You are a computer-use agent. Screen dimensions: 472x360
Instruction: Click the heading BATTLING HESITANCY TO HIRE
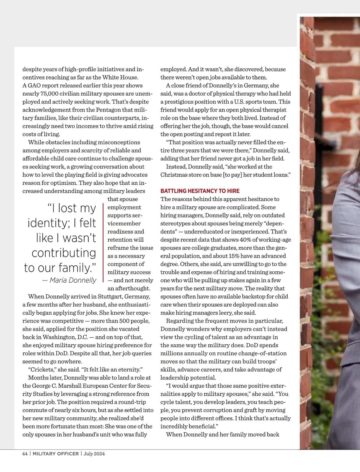tap(200, 191)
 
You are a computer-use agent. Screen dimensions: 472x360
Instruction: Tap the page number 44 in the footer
tap(25, 454)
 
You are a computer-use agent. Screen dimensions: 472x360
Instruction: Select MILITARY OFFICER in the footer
tap(55, 454)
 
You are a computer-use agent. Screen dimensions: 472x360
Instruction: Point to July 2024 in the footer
tap(94, 454)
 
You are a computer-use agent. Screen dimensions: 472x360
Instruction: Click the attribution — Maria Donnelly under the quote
tap(69, 280)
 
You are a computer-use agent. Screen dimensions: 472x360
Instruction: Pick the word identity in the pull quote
tap(47, 223)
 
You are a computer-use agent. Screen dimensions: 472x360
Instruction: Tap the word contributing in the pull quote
tap(64, 253)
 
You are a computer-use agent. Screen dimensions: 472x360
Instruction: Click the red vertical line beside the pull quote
tap(103, 243)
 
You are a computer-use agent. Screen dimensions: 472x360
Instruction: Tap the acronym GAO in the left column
tap(34, 85)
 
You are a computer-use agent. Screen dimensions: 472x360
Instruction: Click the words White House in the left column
tap(121, 77)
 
